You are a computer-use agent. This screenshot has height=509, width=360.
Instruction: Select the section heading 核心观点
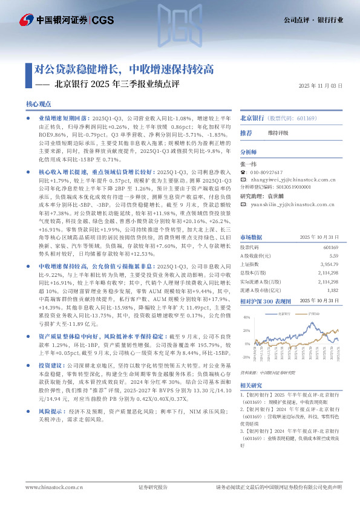(39, 105)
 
